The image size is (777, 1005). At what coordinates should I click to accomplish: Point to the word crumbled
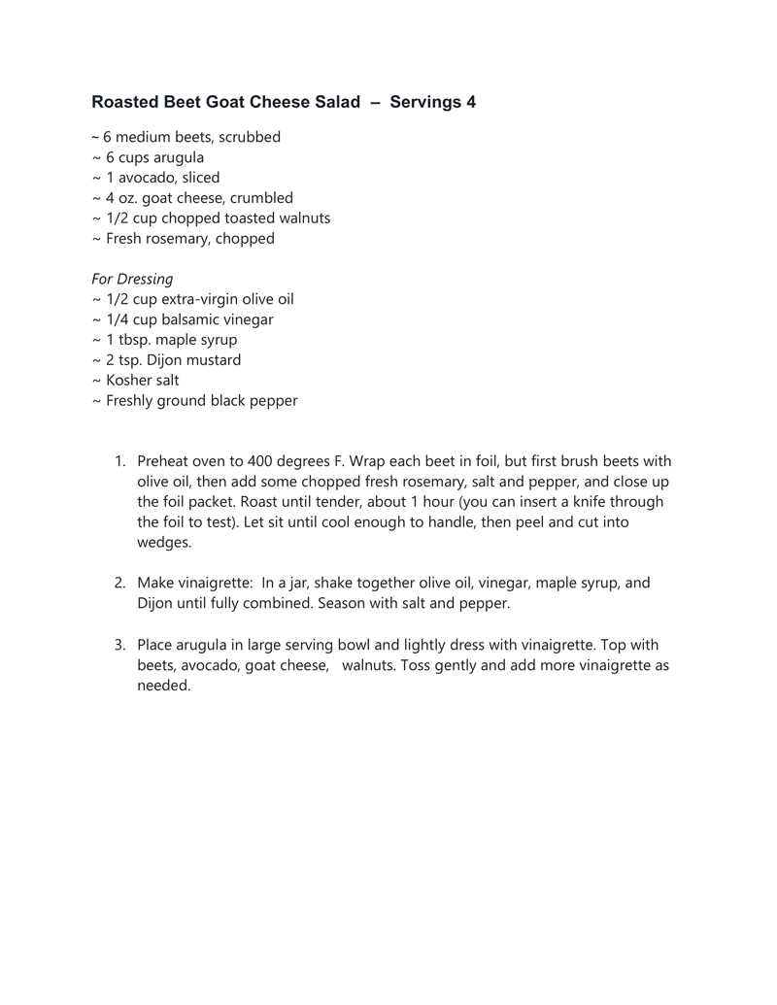click(261, 198)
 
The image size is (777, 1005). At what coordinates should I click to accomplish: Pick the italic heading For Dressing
click(132, 279)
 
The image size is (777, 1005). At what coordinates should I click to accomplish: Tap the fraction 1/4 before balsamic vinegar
click(118, 319)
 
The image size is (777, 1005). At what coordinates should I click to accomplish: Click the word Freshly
click(132, 401)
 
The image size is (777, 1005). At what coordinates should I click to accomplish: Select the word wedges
click(163, 543)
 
